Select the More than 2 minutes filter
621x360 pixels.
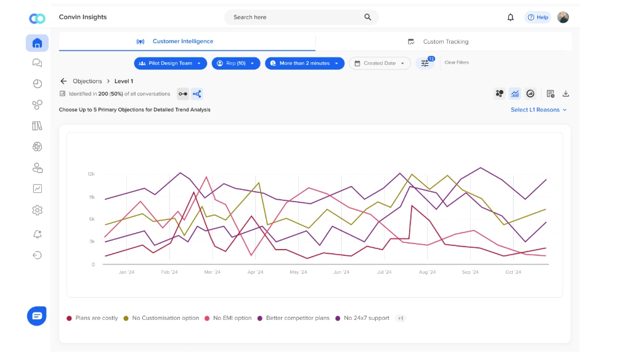point(304,63)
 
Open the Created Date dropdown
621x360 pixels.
point(379,63)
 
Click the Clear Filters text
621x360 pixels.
point(457,63)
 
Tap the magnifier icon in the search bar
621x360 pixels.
point(368,17)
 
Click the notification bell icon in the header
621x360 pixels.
point(510,17)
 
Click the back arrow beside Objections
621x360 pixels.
point(63,81)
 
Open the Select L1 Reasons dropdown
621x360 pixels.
point(538,110)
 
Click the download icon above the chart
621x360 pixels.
point(566,94)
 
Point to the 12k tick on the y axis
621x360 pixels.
point(91,174)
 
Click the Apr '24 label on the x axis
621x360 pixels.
point(255,272)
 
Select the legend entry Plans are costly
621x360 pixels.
point(92,318)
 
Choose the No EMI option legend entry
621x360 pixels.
point(229,318)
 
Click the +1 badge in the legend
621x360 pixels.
point(400,318)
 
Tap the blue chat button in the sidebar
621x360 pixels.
point(37,316)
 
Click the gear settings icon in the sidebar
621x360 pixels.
point(37,210)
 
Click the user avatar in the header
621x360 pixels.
point(563,17)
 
